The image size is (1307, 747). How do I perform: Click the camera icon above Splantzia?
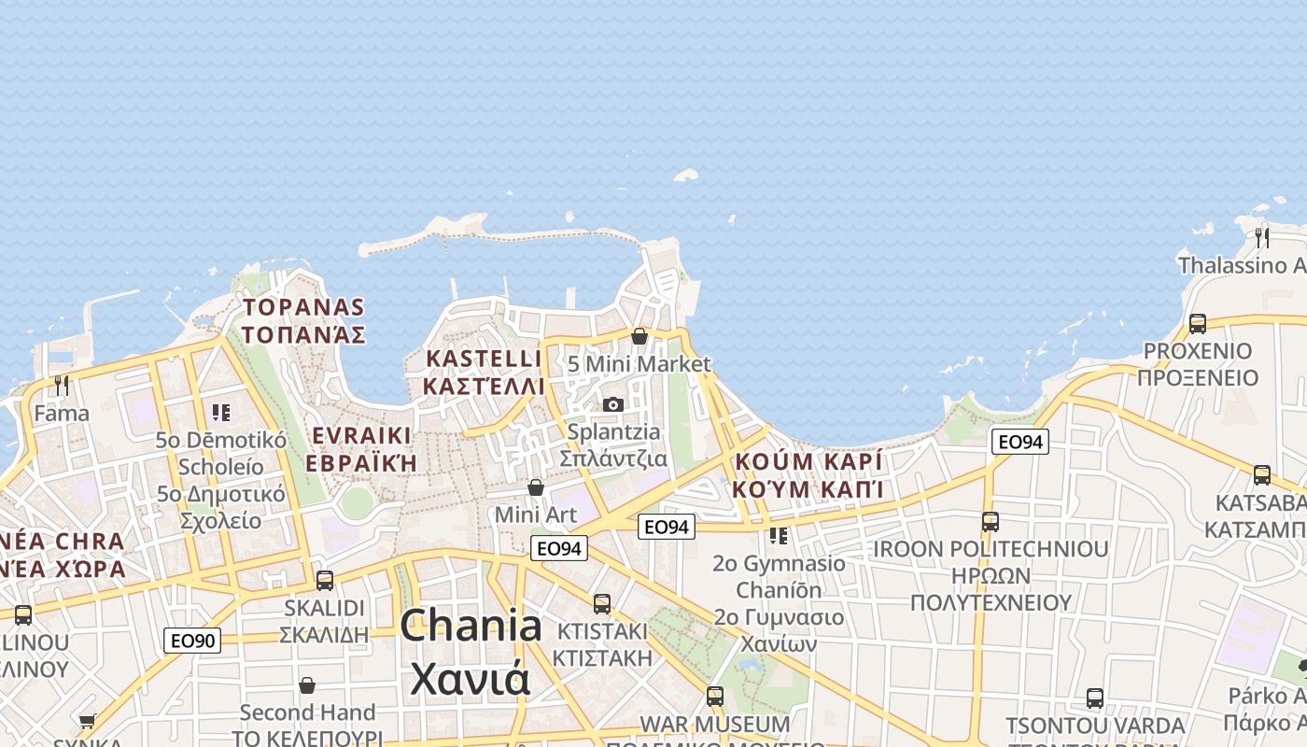pyautogui.click(x=613, y=404)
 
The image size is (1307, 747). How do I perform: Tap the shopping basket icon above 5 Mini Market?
pyautogui.click(x=639, y=336)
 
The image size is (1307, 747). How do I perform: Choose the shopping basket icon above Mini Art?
pyautogui.click(x=536, y=487)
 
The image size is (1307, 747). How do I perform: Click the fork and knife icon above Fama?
pyautogui.click(x=62, y=385)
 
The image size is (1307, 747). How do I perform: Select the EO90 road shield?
pyautogui.click(x=192, y=641)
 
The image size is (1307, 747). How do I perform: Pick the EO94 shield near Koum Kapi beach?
pyautogui.click(x=1019, y=442)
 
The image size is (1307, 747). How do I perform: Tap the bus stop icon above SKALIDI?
pyautogui.click(x=325, y=580)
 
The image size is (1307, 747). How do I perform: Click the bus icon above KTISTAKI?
pyautogui.click(x=602, y=603)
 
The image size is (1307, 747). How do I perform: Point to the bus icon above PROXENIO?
pyautogui.click(x=1198, y=323)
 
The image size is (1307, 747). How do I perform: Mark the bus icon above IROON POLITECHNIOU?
pyautogui.click(x=991, y=521)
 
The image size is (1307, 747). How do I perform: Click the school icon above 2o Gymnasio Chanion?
pyautogui.click(x=778, y=536)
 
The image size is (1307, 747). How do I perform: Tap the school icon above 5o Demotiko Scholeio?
pyautogui.click(x=221, y=412)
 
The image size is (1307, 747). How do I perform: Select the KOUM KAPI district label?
pyautogui.click(x=808, y=475)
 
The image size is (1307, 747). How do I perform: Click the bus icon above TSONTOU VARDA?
pyautogui.click(x=1095, y=698)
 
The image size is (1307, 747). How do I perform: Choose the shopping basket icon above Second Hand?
pyautogui.click(x=307, y=685)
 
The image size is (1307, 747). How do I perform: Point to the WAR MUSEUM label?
pyautogui.click(x=715, y=725)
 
